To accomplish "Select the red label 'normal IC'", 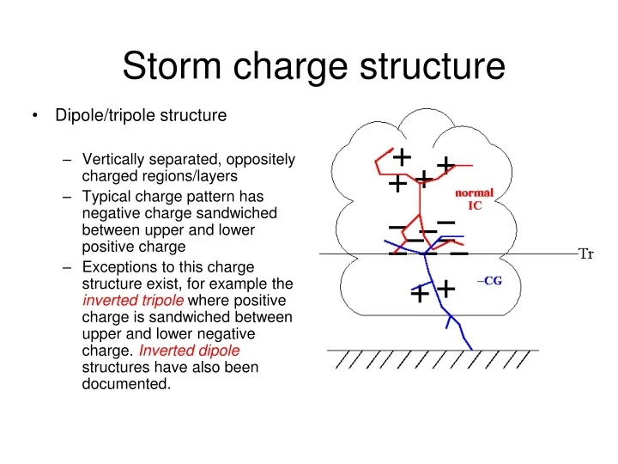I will [x=474, y=198].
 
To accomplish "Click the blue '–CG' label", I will [x=488, y=282].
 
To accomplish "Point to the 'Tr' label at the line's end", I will [x=586, y=253].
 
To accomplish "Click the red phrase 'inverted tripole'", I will [x=133, y=300].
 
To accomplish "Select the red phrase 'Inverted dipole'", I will [x=189, y=351].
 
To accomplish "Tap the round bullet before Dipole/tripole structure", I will [x=34, y=115].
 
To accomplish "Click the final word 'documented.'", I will [x=126, y=384].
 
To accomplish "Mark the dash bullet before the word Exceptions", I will [x=69, y=267].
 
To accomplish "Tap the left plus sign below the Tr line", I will [x=419, y=295].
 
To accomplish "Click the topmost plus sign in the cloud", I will [x=401, y=157].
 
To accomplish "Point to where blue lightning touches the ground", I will [x=471, y=348].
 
